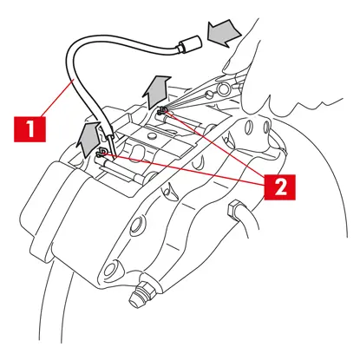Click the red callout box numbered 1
(x=29, y=128)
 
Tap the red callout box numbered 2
(x=279, y=187)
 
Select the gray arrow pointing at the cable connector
(x=224, y=33)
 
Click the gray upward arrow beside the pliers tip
(x=157, y=91)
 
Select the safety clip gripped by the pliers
(x=162, y=111)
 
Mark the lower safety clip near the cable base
(x=101, y=153)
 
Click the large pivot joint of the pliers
(x=223, y=89)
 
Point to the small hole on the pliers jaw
(x=209, y=94)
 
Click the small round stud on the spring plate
(x=152, y=135)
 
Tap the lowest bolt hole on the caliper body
(x=111, y=268)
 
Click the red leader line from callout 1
(x=58, y=97)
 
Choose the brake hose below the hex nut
(x=245, y=222)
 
